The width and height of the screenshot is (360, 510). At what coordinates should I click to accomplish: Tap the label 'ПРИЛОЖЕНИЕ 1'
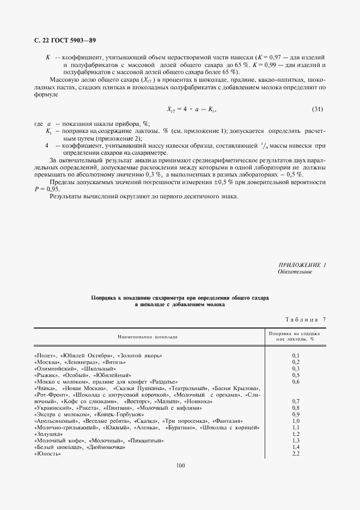coord(301,265)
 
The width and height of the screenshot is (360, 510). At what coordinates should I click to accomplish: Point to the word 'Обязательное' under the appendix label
coord(295,271)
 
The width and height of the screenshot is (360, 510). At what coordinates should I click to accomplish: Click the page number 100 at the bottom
coord(181,465)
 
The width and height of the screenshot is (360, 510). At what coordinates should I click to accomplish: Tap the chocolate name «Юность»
coord(47,454)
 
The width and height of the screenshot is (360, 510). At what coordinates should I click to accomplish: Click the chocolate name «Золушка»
coord(48,434)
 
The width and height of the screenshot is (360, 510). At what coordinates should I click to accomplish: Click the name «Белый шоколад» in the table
coord(57,447)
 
